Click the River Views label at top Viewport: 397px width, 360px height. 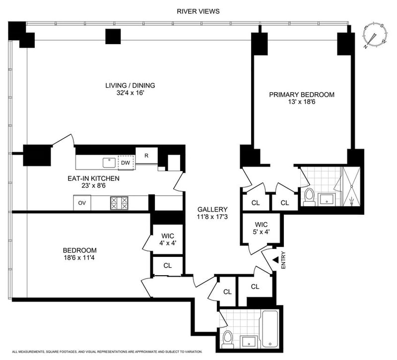point(198,11)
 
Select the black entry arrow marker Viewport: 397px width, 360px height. point(276,259)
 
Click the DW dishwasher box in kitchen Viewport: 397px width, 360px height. point(126,163)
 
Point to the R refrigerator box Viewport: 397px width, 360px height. point(146,156)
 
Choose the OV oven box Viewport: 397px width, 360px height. point(82,203)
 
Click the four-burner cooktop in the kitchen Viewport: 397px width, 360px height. point(119,203)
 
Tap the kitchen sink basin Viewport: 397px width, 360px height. point(109,163)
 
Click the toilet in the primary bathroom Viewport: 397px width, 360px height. point(309,196)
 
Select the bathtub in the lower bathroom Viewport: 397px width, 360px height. point(270,329)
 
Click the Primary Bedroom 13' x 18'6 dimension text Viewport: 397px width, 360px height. point(301,102)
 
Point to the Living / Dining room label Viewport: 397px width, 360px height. point(130,85)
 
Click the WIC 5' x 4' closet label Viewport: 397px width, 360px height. point(262,228)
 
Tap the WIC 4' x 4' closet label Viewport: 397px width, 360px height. point(168,240)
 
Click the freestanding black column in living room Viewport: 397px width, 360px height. point(113,36)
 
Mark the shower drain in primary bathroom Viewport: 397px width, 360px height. point(351,186)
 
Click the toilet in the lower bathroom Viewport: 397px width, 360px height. point(228,339)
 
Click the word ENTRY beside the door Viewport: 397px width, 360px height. point(283,260)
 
